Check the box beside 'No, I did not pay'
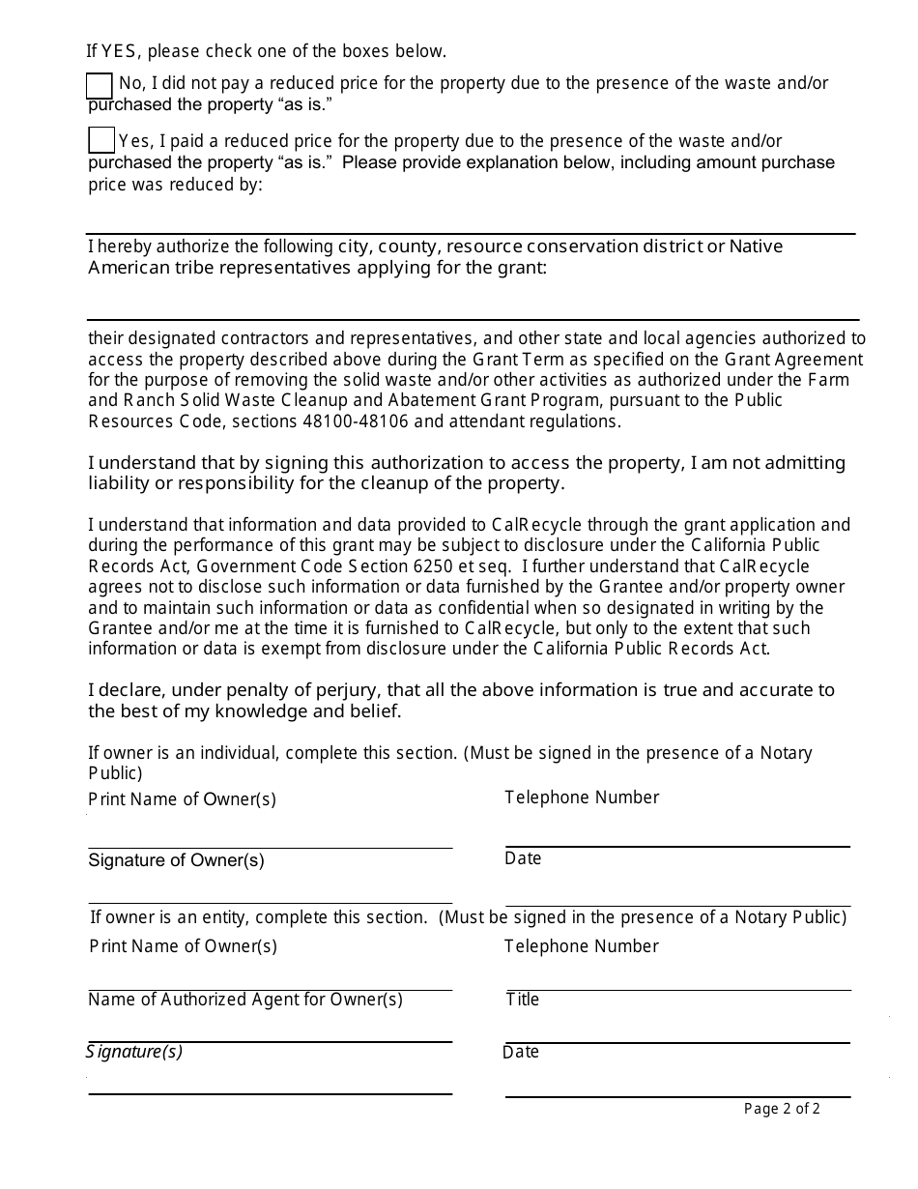(100, 86)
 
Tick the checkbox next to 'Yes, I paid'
(101, 140)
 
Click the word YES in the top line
(122, 51)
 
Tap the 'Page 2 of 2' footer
(782, 1109)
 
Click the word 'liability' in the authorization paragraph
(123, 483)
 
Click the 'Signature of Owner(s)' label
(176, 860)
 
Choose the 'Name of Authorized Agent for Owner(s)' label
(245, 1000)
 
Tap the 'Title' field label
(523, 1000)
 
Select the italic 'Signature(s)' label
(134, 1052)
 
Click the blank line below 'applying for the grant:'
(473, 318)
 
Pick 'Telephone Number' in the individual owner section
(582, 797)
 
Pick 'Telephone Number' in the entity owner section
(582, 946)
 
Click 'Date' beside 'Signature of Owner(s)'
(523, 858)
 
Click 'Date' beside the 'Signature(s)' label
(521, 1052)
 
